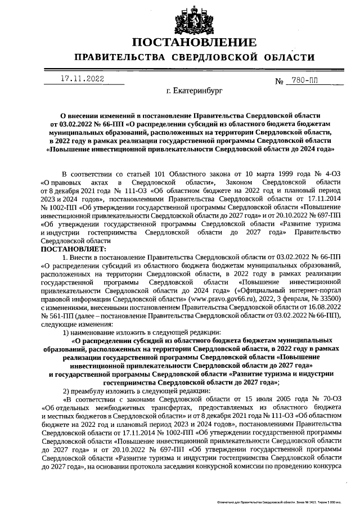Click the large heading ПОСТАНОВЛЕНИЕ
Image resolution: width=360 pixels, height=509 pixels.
point(194,43)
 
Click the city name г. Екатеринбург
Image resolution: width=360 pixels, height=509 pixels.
point(195,89)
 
